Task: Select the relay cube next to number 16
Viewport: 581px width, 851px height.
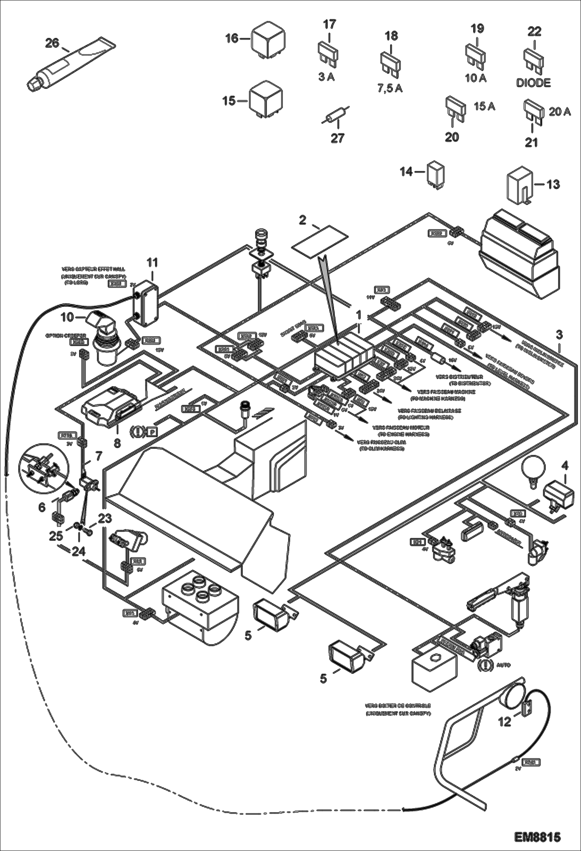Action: tap(268, 40)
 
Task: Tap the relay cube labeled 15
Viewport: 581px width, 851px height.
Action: tap(265, 99)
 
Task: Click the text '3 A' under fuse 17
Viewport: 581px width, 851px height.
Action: tap(326, 77)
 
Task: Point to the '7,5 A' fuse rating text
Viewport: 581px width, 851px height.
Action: tap(390, 88)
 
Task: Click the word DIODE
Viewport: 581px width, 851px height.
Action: tap(533, 83)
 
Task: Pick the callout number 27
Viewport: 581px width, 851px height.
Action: tap(337, 138)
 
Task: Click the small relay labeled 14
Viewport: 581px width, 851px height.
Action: tap(436, 175)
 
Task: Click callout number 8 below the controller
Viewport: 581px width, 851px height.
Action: tap(117, 443)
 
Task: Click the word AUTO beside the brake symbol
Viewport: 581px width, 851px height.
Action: tap(503, 665)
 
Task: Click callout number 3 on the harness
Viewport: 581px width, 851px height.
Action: tap(559, 334)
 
